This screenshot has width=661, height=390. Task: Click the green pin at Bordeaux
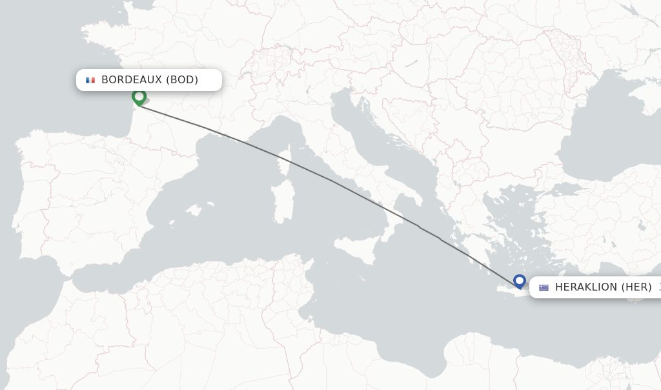tap(139, 97)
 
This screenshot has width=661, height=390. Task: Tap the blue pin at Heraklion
tap(520, 281)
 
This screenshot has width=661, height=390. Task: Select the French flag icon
tap(90, 80)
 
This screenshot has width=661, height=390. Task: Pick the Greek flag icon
tap(544, 287)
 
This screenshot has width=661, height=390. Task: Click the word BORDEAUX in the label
tap(131, 80)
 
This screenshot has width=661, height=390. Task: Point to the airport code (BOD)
tap(182, 80)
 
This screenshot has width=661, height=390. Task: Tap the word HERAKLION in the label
tap(586, 287)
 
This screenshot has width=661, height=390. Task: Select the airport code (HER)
tap(636, 287)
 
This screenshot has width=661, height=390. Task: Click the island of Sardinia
tap(283, 202)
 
